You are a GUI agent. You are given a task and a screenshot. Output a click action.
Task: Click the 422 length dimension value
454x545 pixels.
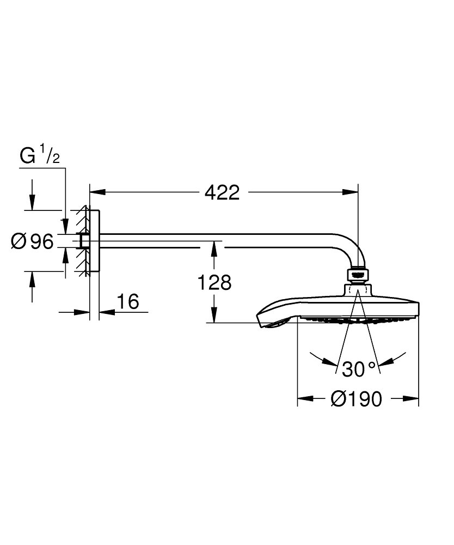pyautogui.click(x=222, y=192)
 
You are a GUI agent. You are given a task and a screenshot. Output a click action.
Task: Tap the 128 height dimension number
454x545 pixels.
pyautogui.click(x=214, y=282)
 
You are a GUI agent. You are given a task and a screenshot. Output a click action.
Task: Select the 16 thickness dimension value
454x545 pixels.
pyautogui.click(x=128, y=301)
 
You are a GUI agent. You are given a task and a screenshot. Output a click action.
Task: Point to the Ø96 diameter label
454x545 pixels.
pyautogui.click(x=32, y=241)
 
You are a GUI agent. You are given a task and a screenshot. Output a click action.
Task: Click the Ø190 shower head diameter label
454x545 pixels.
pyautogui.click(x=356, y=399)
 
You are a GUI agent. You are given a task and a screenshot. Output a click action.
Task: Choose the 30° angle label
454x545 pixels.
pyautogui.click(x=359, y=369)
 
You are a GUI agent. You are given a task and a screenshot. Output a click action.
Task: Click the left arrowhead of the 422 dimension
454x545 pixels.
pyautogui.click(x=97, y=192)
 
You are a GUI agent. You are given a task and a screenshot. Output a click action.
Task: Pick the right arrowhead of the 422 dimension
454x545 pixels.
pyautogui.click(x=350, y=192)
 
